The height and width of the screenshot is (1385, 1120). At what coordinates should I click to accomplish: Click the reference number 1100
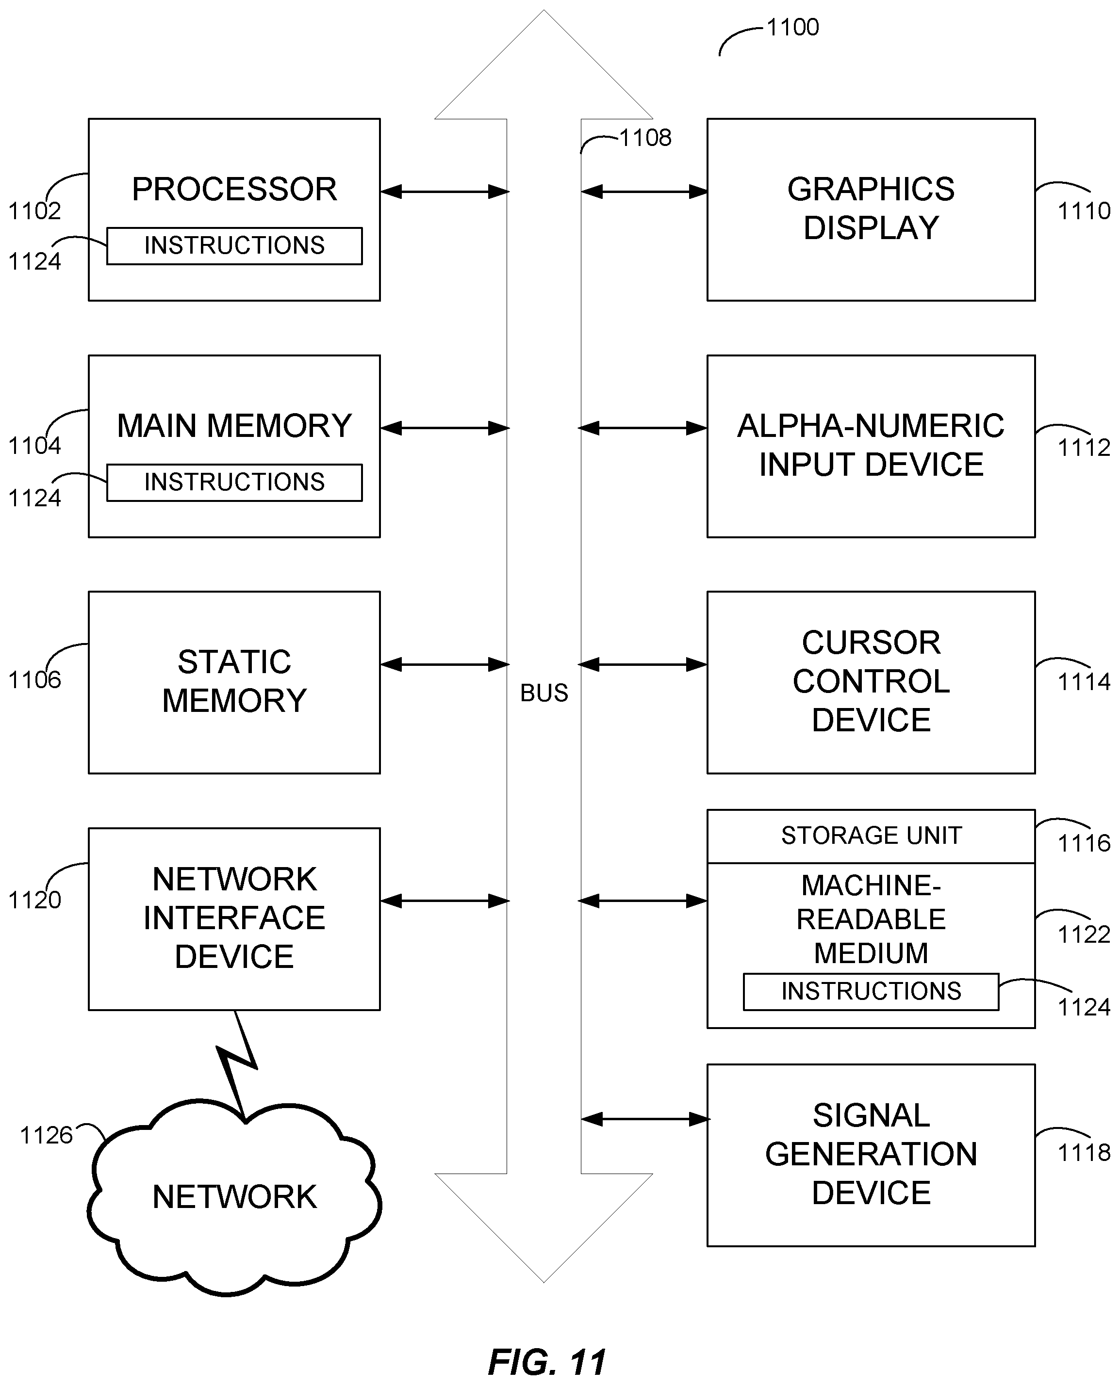pyautogui.click(x=792, y=28)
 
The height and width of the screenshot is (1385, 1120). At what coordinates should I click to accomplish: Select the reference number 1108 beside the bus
pyautogui.click(x=645, y=138)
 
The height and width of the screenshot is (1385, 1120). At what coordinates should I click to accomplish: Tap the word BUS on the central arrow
pyautogui.click(x=544, y=693)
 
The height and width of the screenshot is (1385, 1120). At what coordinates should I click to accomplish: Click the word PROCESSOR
pyautogui.click(x=234, y=190)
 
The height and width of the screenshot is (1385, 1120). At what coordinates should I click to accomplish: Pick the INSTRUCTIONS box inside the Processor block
pyautogui.click(x=234, y=246)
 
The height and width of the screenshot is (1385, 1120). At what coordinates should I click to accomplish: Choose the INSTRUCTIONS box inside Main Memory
pyautogui.click(x=234, y=483)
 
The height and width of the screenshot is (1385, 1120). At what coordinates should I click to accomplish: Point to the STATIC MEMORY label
pyautogui.click(x=234, y=681)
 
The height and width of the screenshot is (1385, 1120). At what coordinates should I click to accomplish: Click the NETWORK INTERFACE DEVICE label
pyautogui.click(x=234, y=918)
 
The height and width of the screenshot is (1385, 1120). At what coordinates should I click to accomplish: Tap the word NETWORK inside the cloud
pyautogui.click(x=234, y=1197)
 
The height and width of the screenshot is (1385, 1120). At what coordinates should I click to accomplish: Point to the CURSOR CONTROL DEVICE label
pyautogui.click(x=871, y=681)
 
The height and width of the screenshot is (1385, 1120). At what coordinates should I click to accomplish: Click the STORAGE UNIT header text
pyautogui.click(x=871, y=836)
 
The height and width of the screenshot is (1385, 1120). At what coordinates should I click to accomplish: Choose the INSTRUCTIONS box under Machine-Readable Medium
pyautogui.click(x=871, y=991)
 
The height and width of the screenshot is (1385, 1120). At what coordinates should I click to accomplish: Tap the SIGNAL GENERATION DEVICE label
pyautogui.click(x=871, y=1154)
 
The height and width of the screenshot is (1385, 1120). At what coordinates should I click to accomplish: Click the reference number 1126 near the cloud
pyautogui.click(x=47, y=1135)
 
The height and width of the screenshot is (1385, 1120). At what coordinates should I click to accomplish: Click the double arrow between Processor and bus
pyautogui.click(x=445, y=192)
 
